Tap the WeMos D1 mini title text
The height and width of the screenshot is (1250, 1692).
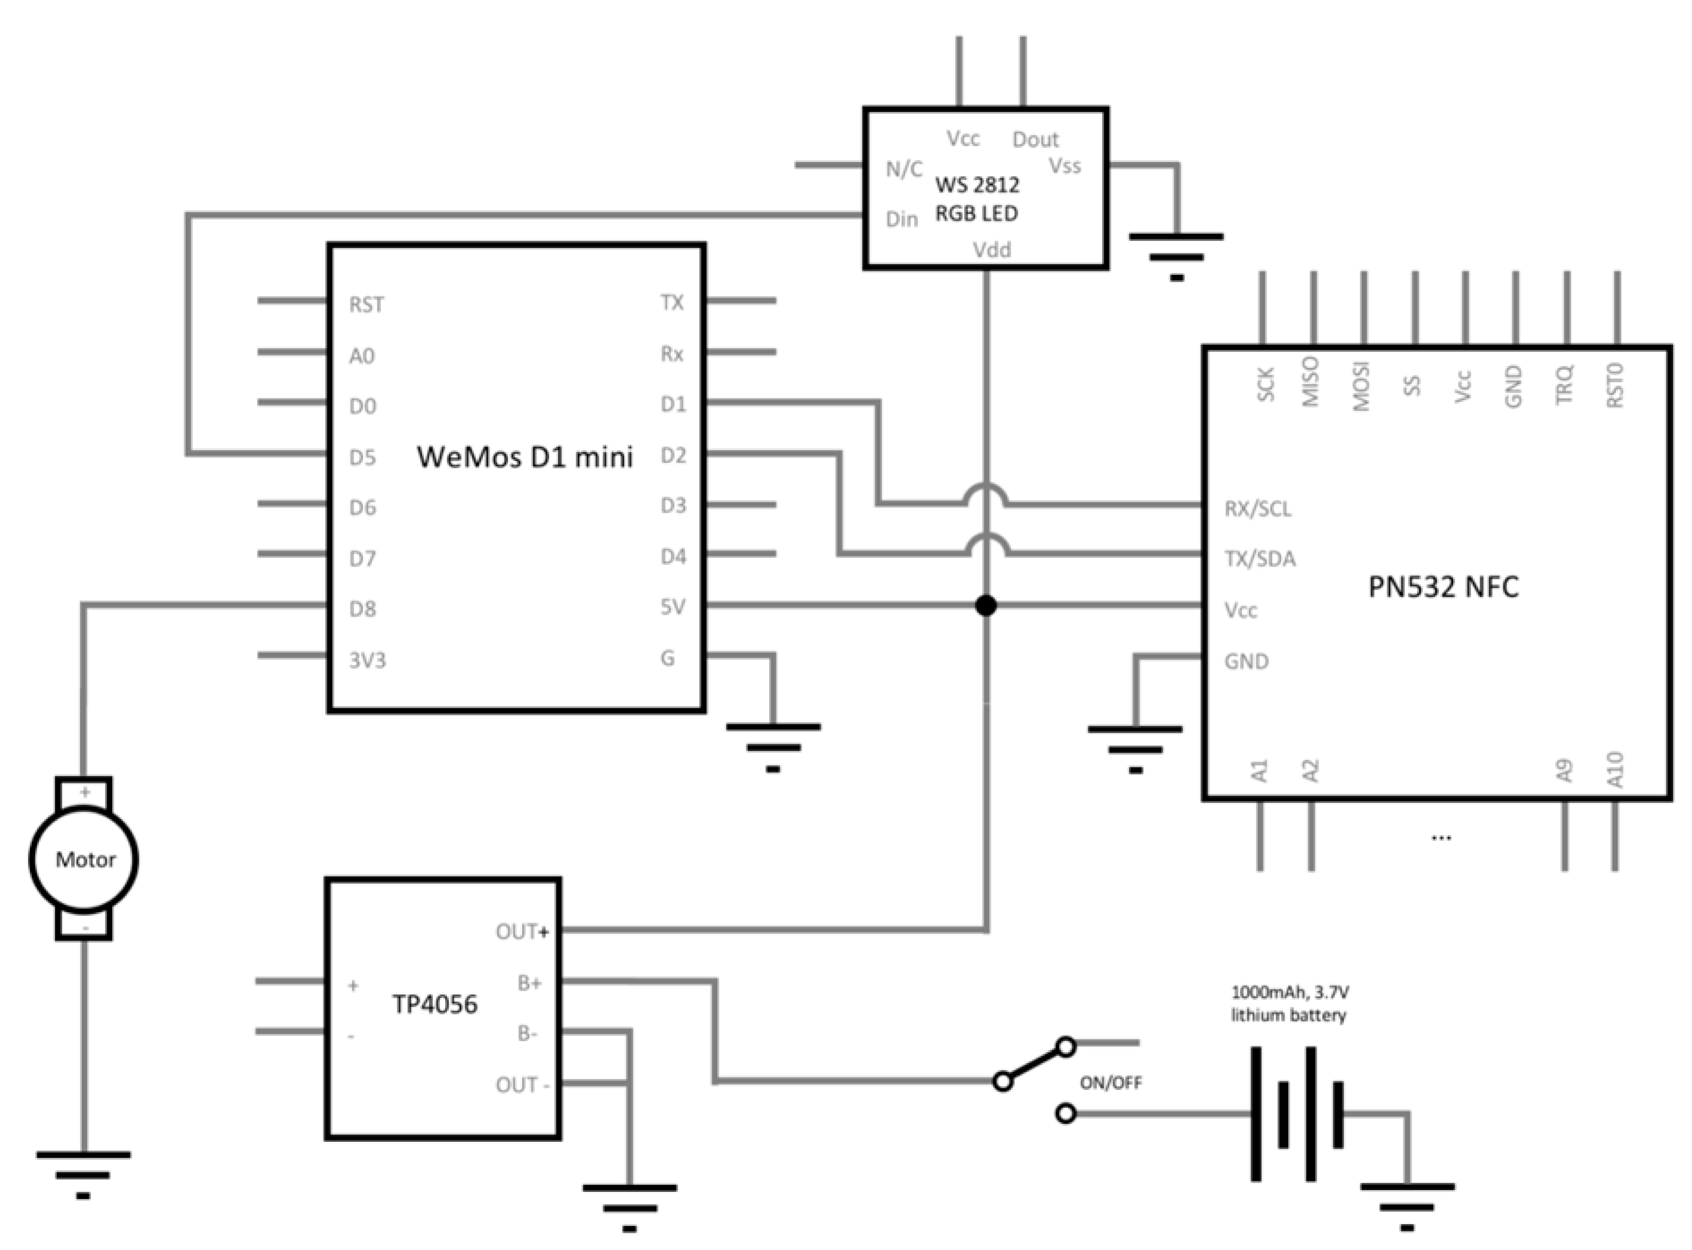tap(524, 457)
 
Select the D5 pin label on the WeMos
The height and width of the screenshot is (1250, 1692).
tap(362, 458)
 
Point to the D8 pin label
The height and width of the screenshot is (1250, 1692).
tap(362, 609)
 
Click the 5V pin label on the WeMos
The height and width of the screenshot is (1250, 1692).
tap(673, 607)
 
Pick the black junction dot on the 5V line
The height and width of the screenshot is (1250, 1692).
tap(985, 605)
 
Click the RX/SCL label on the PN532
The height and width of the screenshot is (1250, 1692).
tap(1258, 508)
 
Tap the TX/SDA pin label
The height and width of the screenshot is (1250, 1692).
tap(1260, 559)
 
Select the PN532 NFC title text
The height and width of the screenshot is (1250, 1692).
tap(1443, 587)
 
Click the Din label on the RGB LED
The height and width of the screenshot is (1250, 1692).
tap(901, 220)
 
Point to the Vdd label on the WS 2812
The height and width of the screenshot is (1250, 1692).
tap(991, 250)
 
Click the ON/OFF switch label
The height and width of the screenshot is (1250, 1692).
tap(1110, 1083)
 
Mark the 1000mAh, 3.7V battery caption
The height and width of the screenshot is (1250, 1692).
tap(1289, 1003)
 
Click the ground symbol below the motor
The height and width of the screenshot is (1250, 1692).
tap(83, 1174)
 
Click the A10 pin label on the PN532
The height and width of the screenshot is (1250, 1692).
tap(1615, 769)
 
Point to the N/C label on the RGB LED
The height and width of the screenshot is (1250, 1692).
tap(904, 169)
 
